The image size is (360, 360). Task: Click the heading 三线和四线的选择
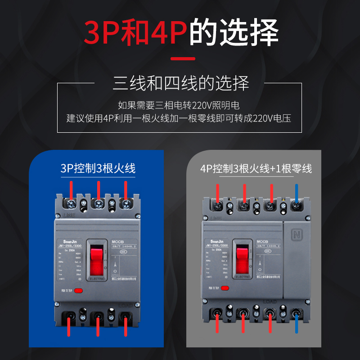[x=181, y=84]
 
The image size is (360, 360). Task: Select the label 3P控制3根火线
[x=98, y=169]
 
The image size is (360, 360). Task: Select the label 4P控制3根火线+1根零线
[x=256, y=169]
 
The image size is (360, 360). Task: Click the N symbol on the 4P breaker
[x=297, y=234]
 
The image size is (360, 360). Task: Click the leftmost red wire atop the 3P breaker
[x=71, y=189]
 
